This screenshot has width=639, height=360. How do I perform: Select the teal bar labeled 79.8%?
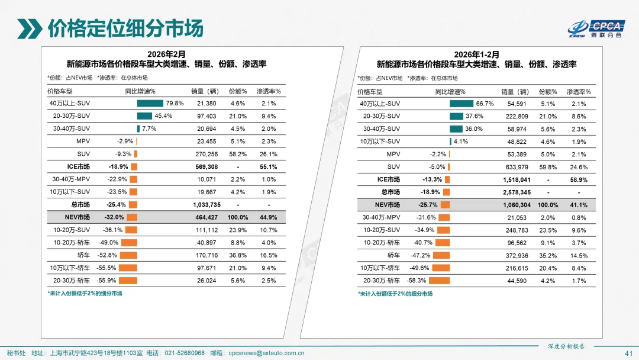(x=150, y=103)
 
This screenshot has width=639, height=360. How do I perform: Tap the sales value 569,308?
(x=207, y=167)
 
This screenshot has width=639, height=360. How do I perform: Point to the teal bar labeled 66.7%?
(x=461, y=103)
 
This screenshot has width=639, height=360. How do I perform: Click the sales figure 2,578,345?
(x=517, y=192)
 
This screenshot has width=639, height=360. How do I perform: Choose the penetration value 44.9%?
(x=269, y=218)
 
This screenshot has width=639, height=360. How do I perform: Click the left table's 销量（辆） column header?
(x=205, y=91)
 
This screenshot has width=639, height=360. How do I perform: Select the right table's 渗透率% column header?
(x=579, y=92)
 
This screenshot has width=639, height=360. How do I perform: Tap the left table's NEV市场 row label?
(x=78, y=218)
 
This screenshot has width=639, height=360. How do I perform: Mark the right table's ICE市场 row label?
(x=388, y=179)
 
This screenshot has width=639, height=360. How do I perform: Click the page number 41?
(x=628, y=353)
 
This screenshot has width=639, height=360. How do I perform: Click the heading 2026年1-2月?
(x=476, y=54)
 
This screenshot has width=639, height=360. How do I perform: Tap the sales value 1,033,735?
(x=207, y=205)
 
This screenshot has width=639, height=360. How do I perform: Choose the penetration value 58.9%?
(x=579, y=179)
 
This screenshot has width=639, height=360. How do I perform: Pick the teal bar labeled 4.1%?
(x=450, y=142)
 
